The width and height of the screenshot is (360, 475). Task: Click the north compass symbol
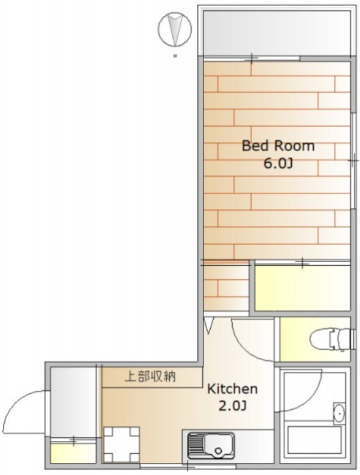pyautogui.click(x=175, y=30)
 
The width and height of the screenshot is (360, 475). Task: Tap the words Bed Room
pyautogui.click(x=278, y=146)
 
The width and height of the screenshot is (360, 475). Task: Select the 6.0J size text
pyautogui.click(x=278, y=163)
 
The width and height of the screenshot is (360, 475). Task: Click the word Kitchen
pyautogui.click(x=232, y=388)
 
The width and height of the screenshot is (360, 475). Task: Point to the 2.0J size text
pyautogui.click(x=232, y=406)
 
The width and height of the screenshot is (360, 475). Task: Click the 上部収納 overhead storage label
pyautogui.click(x=150, y=377)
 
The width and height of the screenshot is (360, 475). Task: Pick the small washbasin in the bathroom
pyautogui.click(x=339, y=413)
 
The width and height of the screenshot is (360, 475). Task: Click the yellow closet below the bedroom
pyautogui.click(x=302, y=288)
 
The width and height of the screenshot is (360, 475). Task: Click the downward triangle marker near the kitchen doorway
pyautogui.click(x=208, y=325)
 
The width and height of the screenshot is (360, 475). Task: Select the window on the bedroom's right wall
pyautogui.click(x=353, y=161)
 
